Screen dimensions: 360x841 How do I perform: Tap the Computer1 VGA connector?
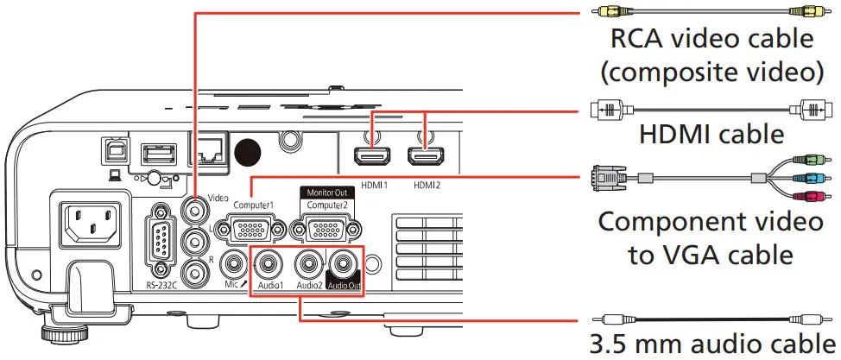tap(250, 230)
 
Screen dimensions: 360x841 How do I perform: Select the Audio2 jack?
tap(309, 261)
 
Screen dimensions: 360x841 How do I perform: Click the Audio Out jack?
tap(346, 261)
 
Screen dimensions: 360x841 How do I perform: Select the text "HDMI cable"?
tap(711, 135)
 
